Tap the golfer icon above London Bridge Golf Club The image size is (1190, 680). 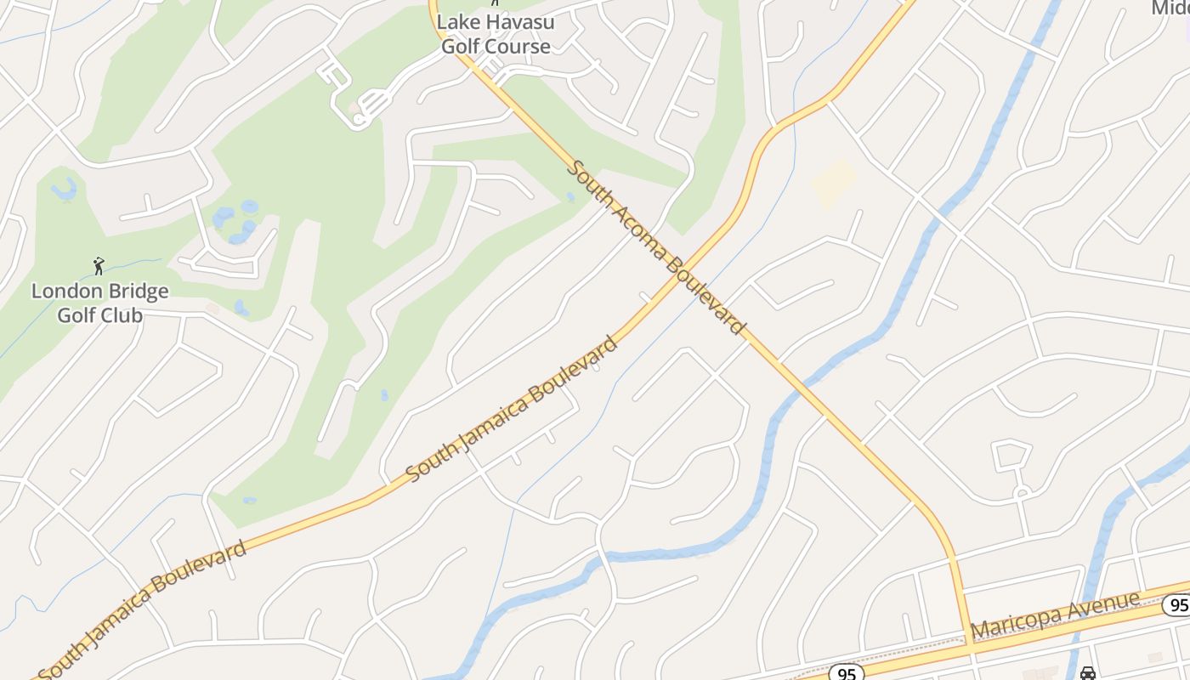tap(99, 266)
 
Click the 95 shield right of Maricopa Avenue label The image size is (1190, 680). tap(1177, 605)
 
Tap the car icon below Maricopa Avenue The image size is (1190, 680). tap(1087, 673)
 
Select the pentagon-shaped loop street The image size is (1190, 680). tap(1011, 456)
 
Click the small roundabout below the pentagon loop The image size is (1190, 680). tap(1020, 492)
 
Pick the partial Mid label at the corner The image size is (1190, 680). tap(1170, 8)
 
